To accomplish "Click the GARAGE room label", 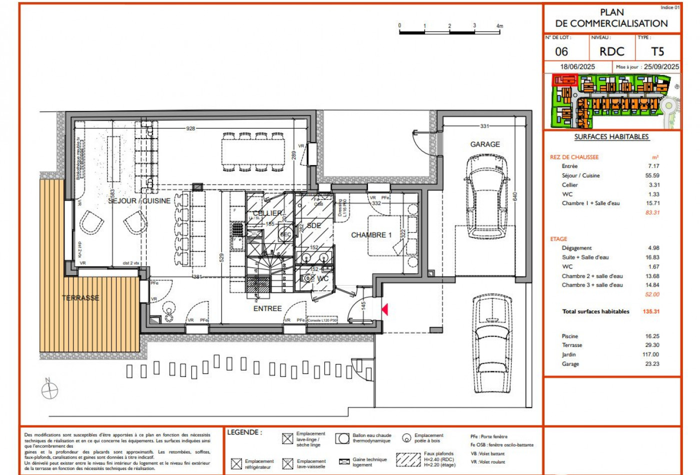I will [484, 144].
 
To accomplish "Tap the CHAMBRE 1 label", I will [371, 235].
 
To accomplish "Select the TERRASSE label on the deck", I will [80, 298].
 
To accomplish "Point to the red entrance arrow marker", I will [384, 309].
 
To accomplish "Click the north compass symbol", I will [49, 389].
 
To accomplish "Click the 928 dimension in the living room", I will [190, 128].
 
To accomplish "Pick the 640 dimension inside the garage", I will [515, 196].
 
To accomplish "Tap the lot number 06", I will [561, 52].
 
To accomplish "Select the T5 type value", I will [657, 51].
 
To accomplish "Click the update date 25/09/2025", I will [661, 66].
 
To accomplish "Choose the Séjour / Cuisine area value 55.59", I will [652, 175].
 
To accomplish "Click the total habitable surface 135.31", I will [651, 311].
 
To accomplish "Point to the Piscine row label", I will [569, 336].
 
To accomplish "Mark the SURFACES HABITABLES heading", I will [611, 136].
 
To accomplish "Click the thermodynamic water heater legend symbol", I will [342, 438].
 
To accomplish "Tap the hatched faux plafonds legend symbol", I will [408, 459].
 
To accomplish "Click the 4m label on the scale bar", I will [499, 26].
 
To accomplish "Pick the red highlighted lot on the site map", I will [564, 79].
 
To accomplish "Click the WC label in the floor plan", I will [322, 278].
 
